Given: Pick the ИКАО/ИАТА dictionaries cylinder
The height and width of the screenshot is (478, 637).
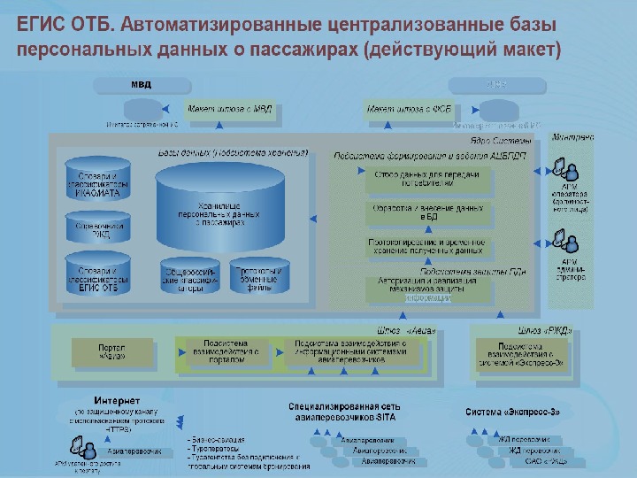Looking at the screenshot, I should [97, 180].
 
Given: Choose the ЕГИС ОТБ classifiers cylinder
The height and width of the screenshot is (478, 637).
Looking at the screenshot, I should [97, 275].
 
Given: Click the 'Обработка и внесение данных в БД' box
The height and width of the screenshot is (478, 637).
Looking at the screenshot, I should [427, 212].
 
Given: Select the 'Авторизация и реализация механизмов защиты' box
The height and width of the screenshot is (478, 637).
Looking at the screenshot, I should [427, 289].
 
